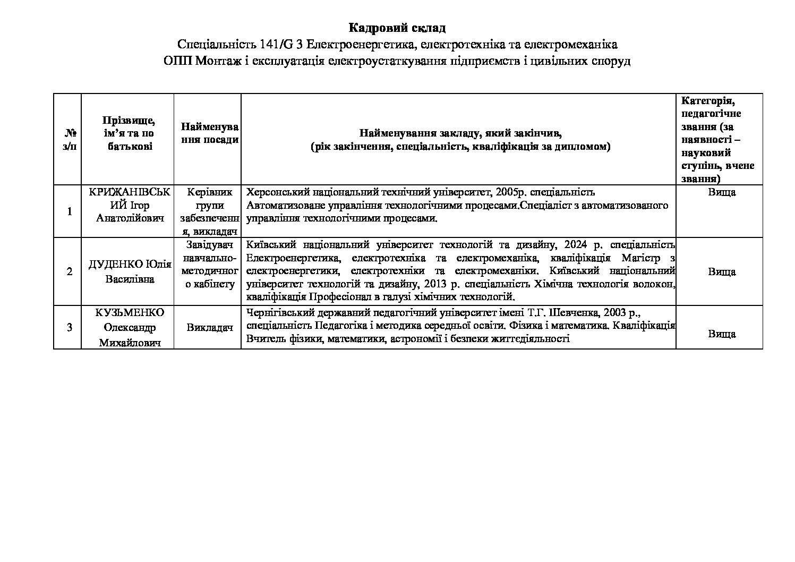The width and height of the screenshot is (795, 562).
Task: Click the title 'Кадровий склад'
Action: pos(397,27)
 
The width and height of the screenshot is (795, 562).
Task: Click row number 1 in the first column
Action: pos(69,211)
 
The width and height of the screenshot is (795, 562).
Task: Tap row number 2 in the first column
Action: pos(69,271)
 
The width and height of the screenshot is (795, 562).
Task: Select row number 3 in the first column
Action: pos(69,328)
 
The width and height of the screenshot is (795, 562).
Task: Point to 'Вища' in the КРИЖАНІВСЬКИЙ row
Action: pos(721,192)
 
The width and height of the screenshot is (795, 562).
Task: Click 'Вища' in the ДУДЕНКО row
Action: pos(721,271)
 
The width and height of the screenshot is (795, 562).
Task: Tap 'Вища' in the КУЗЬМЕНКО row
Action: pos(721,334)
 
